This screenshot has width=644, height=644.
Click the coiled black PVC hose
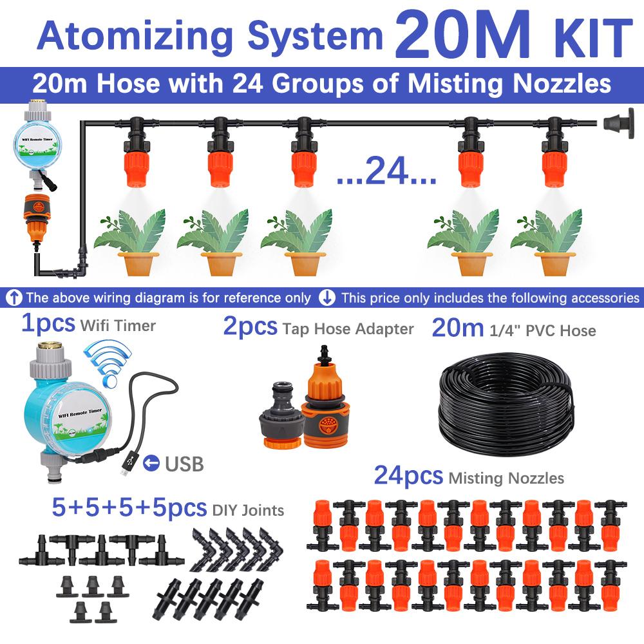[506, 402]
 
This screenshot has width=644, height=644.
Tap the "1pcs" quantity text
[48, 324]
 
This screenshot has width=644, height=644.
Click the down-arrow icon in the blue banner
[328, 298]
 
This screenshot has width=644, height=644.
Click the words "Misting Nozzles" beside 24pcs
[506, 478]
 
